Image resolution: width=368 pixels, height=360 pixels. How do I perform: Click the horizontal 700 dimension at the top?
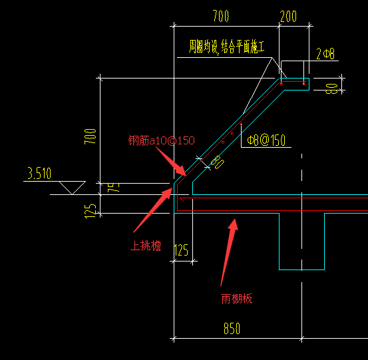221,16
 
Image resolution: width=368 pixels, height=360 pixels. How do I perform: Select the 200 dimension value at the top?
288,17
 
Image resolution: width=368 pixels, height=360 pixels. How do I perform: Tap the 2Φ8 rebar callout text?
325,54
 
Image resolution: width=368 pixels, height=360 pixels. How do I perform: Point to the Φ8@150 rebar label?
266,140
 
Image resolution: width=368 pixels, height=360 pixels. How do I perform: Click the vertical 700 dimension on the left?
90,136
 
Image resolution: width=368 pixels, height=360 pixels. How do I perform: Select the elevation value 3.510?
39,174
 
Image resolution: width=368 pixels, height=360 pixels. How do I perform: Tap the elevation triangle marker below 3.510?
72,188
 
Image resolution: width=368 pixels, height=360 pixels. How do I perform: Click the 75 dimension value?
113,188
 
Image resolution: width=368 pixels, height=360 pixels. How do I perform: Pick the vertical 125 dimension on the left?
90,211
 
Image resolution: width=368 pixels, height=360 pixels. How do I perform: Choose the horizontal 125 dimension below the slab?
181,250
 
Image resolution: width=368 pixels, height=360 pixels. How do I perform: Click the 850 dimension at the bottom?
232,328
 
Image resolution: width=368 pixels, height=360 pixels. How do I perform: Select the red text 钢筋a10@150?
162,140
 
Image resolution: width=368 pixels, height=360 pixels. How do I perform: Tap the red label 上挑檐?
146,246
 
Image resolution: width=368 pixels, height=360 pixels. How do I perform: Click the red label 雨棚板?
237,299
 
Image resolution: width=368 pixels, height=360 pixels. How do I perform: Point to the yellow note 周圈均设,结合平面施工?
227,47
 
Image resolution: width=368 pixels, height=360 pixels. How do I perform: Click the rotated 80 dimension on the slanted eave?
218,162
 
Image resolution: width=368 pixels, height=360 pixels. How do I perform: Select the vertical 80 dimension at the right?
331,89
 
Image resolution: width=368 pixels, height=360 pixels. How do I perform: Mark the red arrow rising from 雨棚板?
229,252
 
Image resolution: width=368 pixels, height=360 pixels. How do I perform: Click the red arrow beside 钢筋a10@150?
171,161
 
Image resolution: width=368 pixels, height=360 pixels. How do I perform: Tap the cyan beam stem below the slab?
302,242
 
